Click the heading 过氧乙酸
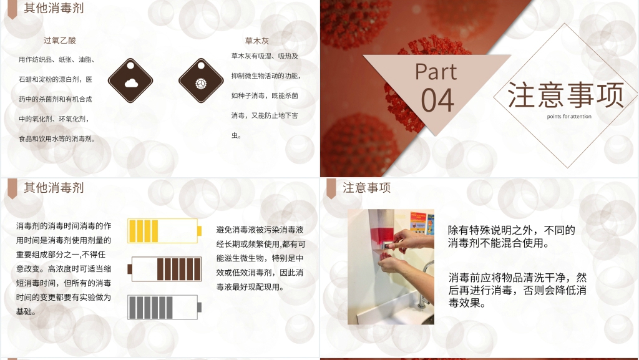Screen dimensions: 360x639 [x=60, y=41]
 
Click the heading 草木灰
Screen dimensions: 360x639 [x=256, y=41]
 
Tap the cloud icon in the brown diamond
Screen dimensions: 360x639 [x=130, y=81]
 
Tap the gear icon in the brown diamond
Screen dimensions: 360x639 [x=201, y=81]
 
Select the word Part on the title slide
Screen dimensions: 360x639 [x=436, y=72]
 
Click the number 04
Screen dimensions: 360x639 [x=437, y=100]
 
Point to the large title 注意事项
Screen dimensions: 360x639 [x=565, y=95]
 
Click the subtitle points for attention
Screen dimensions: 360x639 [x=568, y=116]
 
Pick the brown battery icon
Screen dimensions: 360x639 [x=164, y=269]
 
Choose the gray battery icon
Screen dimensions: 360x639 [x=164, y=307]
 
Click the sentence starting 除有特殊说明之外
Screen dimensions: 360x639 [x=511, y=236]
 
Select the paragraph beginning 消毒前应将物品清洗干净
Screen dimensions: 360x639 [x=517, y=289]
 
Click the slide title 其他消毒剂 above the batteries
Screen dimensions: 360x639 [x=54, y=188]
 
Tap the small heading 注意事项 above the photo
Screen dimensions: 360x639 [x=366, y=188]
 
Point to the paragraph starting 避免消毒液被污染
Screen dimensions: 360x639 [x=260, y=258]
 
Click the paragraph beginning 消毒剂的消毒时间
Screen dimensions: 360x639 [x=64, y=268]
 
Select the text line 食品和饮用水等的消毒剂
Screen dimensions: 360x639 [x=57, y=139]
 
